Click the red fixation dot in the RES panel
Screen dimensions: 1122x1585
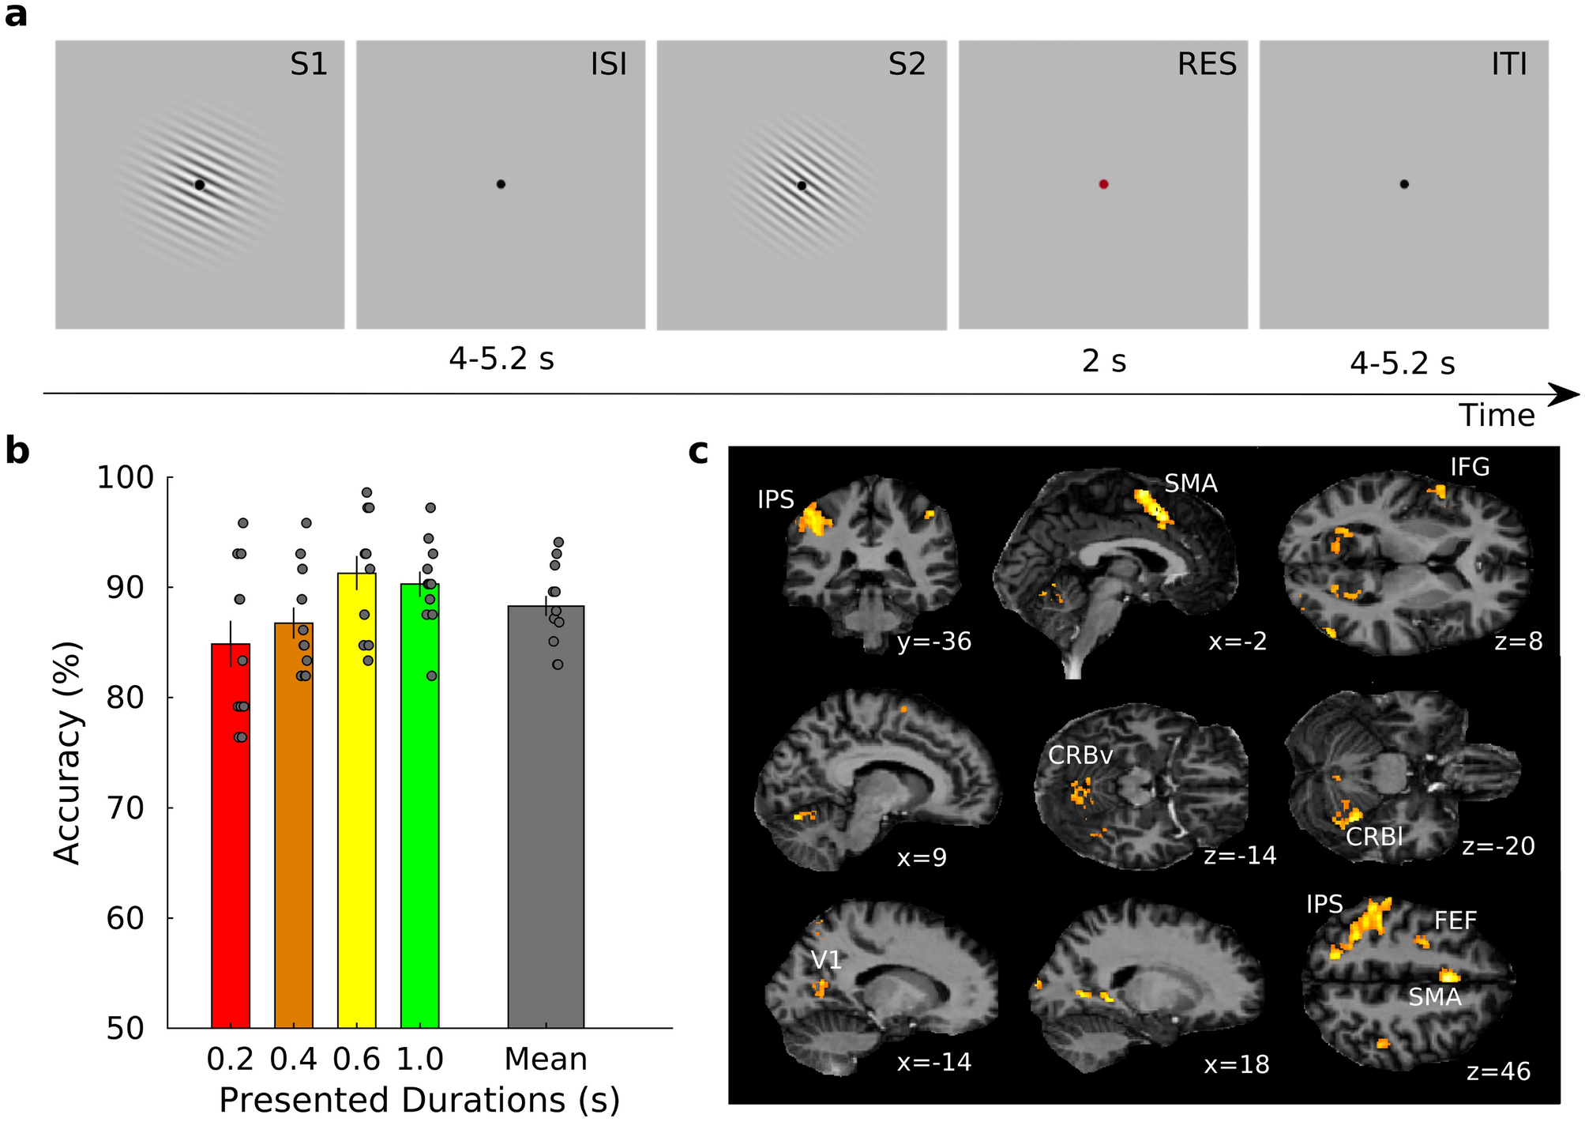pos(1103,184)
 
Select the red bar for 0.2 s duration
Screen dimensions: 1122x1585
pos(231,838)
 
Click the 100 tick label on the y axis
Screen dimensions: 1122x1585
pos(125,477)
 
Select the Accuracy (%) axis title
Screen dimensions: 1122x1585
pos(68,752)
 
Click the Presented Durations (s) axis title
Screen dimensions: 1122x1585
pos(419,1100)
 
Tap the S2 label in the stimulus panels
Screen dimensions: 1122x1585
pos(906,64)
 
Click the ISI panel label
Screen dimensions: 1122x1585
pos(608,64)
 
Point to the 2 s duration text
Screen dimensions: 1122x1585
pos(1103,361)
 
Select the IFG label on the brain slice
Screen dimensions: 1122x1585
pos(1470,467)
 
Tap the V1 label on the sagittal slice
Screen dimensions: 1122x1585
pos(826,960)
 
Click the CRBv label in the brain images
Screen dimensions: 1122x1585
pos(1080,755)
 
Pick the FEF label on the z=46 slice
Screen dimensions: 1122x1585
pos(1455,921)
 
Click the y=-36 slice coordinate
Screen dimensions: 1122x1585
pos(933,642)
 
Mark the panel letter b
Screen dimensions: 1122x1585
pos(17,451)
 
